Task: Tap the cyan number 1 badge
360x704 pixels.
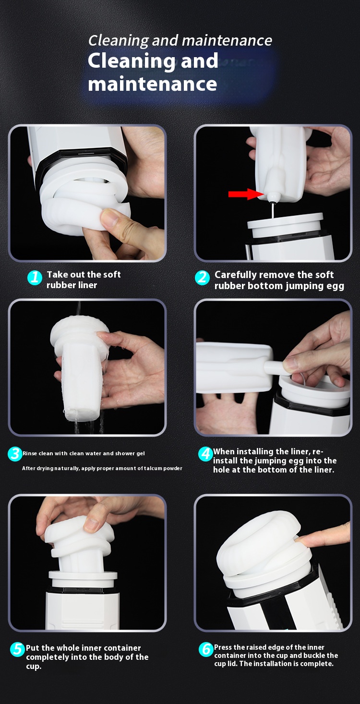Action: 35,278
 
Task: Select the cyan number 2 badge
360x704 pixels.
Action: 202,278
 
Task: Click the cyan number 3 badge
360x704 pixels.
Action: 15,454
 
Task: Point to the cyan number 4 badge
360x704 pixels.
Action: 205,454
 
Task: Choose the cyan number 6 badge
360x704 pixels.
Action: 206,649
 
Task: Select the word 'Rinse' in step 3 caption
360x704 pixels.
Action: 30,453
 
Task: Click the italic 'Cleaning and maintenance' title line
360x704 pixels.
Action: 180,40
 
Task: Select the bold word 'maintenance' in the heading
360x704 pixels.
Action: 152,84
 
